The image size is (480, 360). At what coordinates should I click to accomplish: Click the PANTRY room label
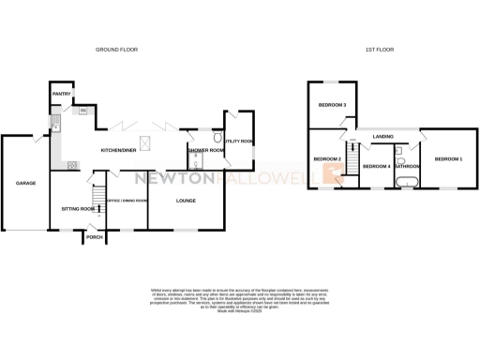(63, 94)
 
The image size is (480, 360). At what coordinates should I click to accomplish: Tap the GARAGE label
(25, 183)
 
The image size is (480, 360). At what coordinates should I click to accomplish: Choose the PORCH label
(94, 238)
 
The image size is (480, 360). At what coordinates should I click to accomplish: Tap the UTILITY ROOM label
(241, 142)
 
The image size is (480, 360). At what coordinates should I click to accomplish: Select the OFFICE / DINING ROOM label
(127, 201)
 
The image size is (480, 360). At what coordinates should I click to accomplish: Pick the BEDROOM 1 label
(448, 159)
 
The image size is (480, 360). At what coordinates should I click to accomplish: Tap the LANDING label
(382, 137)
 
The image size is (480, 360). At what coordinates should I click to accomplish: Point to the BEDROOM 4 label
(376, 167)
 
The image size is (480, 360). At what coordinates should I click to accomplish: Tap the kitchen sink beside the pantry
(56, 119)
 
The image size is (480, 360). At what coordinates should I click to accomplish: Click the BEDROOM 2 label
(326, 159)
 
